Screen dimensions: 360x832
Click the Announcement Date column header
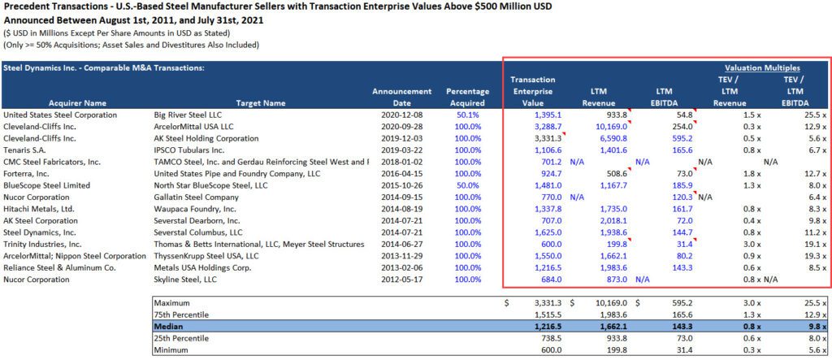[x=401, y=98]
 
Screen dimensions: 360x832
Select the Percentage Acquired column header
[x=467, y=98]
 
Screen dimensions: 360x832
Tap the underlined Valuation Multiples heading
[x=762, y=68]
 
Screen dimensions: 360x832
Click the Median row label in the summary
[x=170, y=326]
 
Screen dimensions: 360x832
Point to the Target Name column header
[x=260, y=103]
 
